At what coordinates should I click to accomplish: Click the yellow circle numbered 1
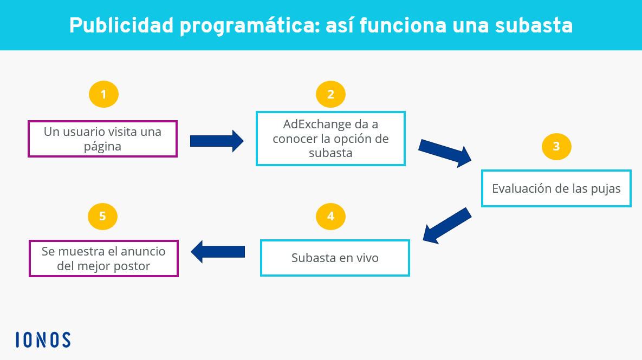point(103,94)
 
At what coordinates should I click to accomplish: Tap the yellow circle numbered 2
point(330,94)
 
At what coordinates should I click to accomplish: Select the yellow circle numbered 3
point(556,147)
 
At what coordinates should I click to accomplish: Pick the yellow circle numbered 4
point(330,217)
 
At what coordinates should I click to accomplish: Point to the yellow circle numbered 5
point(102,217)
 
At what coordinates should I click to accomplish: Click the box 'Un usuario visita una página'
point(102,139)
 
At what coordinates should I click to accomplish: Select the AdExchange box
point(330,138)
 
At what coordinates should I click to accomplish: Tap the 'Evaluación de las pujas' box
point(556,188)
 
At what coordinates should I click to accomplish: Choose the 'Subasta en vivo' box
point(335,258)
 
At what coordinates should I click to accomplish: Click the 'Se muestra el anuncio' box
point(103,259)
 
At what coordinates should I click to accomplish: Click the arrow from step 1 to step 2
point(217,141)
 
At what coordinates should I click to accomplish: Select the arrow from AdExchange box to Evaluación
point(445,153)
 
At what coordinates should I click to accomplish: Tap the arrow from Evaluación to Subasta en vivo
point(447,225)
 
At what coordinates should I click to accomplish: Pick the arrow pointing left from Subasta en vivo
point(218,252)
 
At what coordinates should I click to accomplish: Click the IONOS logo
point(43,340)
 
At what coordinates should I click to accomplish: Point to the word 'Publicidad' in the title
point(121,25)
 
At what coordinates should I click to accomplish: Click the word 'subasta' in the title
point(534,25)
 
